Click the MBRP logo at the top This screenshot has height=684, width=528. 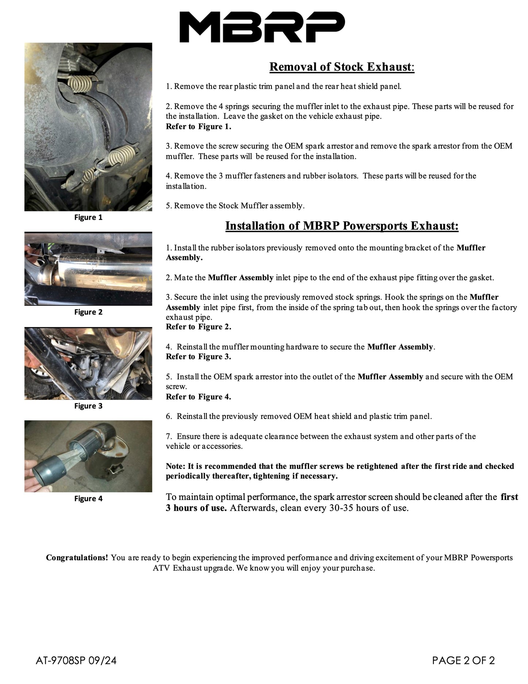coord(262,27)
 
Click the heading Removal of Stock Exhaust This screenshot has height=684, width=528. coord(341,67)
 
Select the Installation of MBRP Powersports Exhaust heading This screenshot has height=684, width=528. coord(342,226)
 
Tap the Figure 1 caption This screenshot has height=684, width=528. coord(88,218)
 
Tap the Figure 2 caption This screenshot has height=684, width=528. coord(88,312)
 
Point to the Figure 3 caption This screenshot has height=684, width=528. coord(88,406)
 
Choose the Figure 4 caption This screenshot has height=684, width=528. coord(88,499)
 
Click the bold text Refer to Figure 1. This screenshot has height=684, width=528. coord(198,127)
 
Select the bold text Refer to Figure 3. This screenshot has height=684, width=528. coord(198,357)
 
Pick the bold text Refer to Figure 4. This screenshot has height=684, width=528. coord(198,397)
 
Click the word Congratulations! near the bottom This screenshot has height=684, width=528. coord(77,558)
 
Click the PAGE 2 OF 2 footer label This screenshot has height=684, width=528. coord(463,660)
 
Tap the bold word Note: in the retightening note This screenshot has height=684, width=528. coord(175,466)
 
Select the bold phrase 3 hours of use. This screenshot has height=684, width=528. coord(196,508)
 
